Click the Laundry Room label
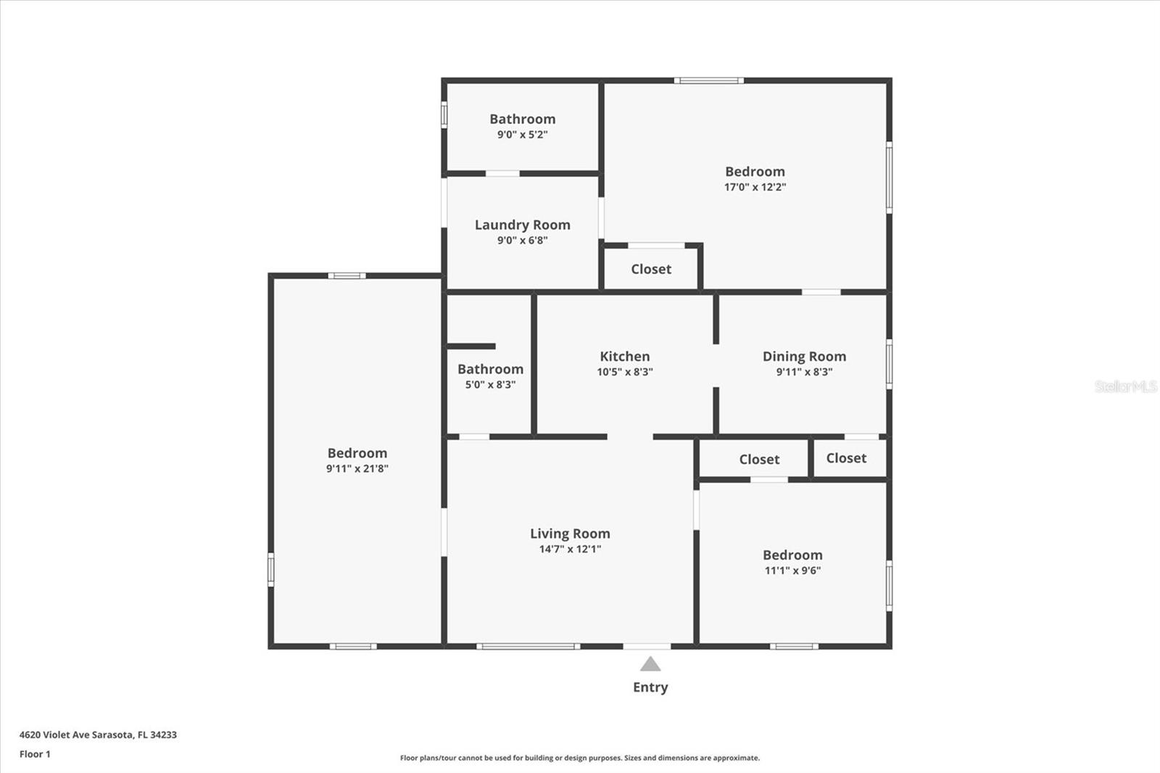522,225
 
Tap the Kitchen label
624,356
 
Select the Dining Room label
804,356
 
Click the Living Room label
570,534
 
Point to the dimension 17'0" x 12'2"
755,187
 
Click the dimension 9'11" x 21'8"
357,468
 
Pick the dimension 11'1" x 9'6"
792,571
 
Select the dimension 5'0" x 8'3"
490,385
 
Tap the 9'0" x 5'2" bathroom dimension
522,135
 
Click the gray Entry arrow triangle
650,664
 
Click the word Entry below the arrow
650,687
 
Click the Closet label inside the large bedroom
651,269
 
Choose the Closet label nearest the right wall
846,458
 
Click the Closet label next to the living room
759,460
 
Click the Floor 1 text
35,754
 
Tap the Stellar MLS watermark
1125,386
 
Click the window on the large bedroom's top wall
708,80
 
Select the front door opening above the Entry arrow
647,646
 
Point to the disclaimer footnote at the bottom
580,758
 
